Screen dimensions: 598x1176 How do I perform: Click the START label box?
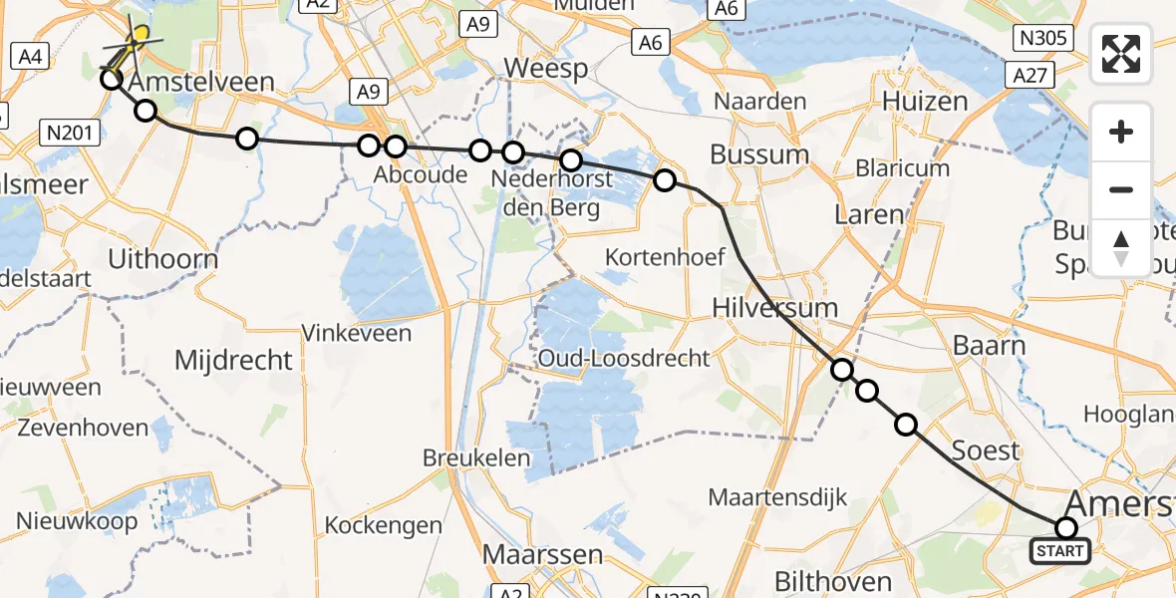(1059, 551)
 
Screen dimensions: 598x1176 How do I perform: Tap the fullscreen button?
(1121, 53)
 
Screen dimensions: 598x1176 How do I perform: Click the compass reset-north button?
(1121, 248)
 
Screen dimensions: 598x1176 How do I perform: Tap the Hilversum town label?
(774, 307)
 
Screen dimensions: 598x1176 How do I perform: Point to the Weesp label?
(546, 68)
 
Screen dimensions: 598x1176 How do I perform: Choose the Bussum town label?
(758, 154)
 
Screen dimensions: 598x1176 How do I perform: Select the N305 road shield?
(1042, 39)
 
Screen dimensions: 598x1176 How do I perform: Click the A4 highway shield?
(29, 57)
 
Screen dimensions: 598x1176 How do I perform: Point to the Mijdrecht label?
(233, 360)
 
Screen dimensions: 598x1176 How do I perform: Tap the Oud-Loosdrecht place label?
(624, 358)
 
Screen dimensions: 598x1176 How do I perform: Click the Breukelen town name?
(474, 458)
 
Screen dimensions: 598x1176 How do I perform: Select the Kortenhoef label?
(665, 257)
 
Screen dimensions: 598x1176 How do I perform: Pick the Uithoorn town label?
(164, 260)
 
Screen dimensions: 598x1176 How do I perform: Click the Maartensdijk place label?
(777, 495)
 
